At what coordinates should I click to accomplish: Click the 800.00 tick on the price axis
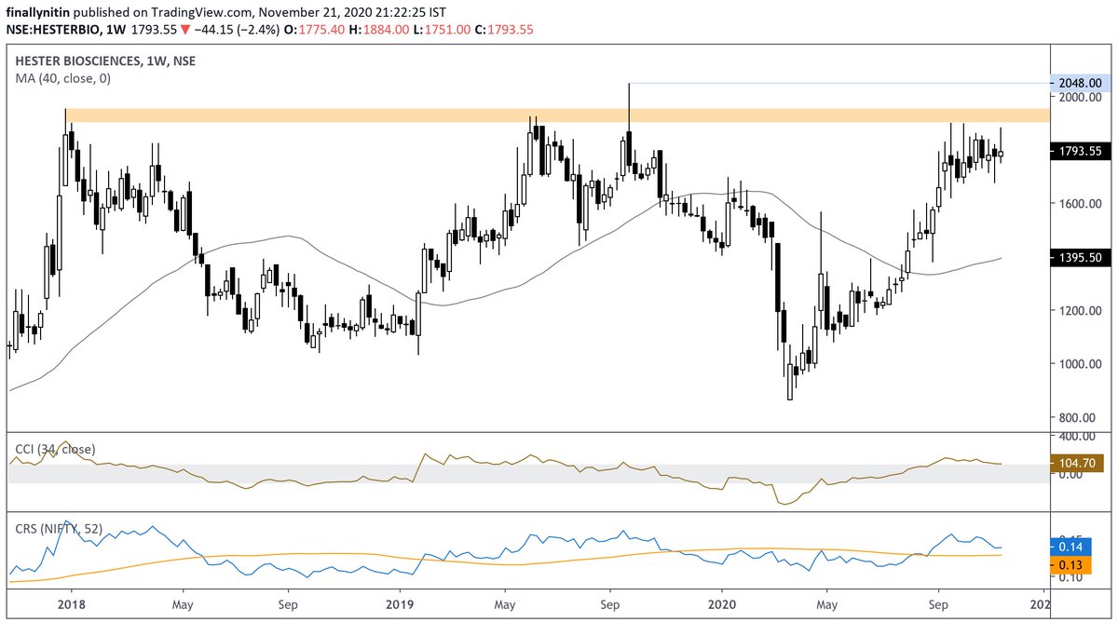[x=1078, y=418]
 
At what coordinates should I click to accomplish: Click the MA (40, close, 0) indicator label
[x=63, y=79]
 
